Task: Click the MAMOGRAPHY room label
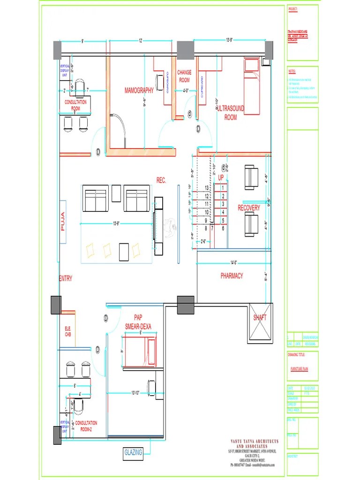pos(139,90)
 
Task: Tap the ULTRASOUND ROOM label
pos(231,113)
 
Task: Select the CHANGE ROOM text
pos(184,76)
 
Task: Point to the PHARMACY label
pos(232,276)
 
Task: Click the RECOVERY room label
pos(248,208)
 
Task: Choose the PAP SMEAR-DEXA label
pos(138,322)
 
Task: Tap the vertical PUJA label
pos(63,222)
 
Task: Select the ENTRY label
pos(66,279)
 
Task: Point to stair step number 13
pos(206,187)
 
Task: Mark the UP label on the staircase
pos(221,178)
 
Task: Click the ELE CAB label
pos(67,331)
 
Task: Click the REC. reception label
pos(161,180)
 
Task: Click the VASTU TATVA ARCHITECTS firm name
pos(254,443)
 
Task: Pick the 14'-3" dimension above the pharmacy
pos(232,262)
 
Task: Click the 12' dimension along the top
pos(140,41)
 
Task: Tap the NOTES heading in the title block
pos(292,72)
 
